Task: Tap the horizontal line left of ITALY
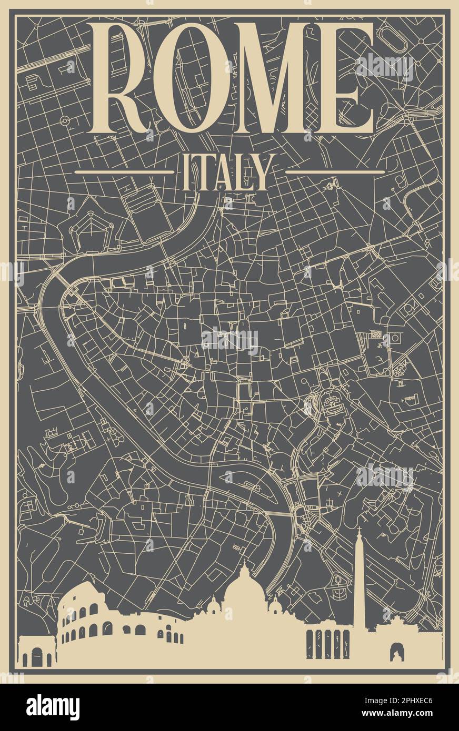(124, 171)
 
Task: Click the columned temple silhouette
(328, 644)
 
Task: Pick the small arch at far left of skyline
(36, 652)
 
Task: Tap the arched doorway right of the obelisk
(396, 652)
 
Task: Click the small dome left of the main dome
(214, 607)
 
